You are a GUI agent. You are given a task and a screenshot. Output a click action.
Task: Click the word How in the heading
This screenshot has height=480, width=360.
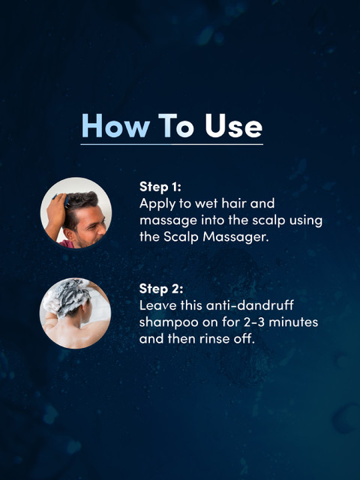tap(115, 126)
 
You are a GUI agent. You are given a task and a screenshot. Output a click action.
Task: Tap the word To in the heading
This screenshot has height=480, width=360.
tap(176, 126)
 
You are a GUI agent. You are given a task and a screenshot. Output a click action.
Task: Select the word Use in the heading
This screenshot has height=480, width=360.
tap(233, 126)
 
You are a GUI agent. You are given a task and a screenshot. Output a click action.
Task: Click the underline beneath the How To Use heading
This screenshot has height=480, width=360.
tap(172, 144)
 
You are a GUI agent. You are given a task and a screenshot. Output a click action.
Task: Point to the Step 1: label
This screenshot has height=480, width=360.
tap(160, 187)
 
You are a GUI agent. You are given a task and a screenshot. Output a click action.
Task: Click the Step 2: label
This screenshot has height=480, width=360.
tap(161, 289)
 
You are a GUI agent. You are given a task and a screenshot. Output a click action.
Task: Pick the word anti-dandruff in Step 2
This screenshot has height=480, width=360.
tap(250, 305)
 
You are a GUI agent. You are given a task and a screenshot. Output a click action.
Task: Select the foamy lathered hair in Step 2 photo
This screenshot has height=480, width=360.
tap(69, 295)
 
